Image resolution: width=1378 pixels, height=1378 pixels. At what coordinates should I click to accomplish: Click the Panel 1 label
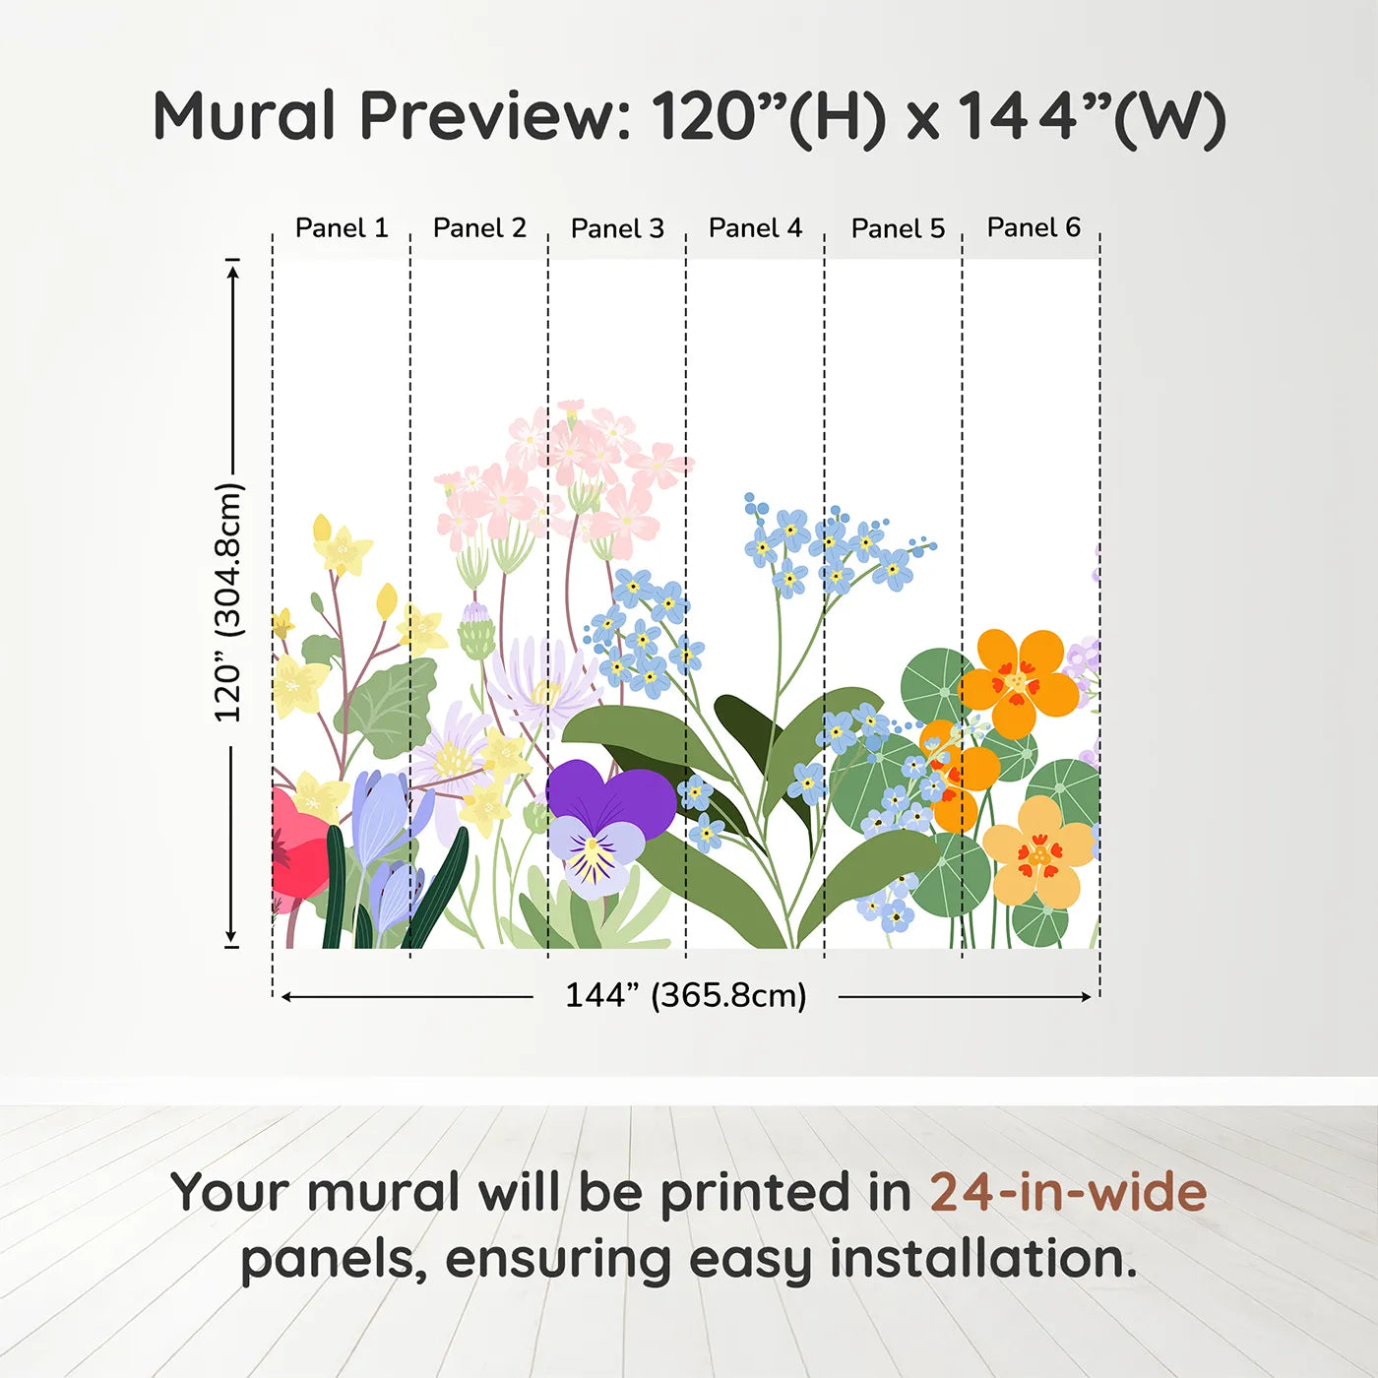pos(342,228)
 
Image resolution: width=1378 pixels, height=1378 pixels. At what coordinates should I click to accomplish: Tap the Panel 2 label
pos(479,228)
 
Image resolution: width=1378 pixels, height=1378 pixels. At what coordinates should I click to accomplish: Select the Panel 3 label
pos(617,228)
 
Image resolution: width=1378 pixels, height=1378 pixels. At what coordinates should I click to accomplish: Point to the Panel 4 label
pos(755,228)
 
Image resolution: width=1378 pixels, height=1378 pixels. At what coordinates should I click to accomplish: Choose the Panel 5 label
pos(898,228)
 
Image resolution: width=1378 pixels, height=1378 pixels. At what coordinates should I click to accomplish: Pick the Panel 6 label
pos(1033,227)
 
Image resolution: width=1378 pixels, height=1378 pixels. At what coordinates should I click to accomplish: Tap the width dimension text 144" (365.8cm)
pos(685,995)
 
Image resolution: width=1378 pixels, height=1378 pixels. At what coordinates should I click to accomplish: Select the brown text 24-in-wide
pos(1068,1192)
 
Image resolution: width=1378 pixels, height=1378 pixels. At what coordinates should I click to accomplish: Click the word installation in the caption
pos(983,1258)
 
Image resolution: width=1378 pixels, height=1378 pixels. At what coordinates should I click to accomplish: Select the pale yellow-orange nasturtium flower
pos(1037,851)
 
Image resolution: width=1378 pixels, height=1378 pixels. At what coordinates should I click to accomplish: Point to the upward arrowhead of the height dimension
pos(231,270)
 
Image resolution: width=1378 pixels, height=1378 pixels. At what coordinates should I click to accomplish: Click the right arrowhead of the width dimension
pos(1086,997)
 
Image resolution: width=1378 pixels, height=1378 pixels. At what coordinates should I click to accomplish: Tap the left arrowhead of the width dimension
pos(286,997)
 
